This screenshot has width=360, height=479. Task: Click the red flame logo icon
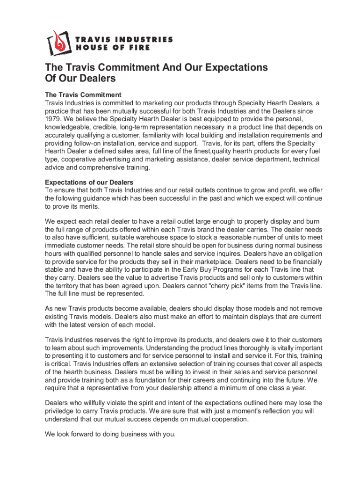point(58,42)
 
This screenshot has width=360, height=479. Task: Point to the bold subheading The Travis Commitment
point(83,95)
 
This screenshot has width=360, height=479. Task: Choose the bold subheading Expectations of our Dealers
point(89,182)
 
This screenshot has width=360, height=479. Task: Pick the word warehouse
point(139,238)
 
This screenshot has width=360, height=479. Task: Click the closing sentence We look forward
point(110,434)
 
